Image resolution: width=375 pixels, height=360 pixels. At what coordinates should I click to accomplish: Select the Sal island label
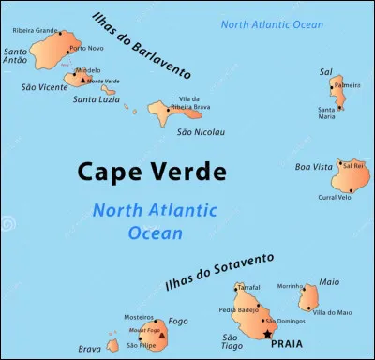(325, 71)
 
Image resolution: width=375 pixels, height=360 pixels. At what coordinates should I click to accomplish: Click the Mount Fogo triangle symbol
(161, 334)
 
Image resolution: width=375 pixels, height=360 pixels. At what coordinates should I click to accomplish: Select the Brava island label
(90, 350)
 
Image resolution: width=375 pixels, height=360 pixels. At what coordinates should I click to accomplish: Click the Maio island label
(329, 280)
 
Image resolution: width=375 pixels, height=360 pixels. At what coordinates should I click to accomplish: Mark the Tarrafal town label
(248, 287)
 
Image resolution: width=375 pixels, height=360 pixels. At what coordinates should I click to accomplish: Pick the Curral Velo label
(335, 197)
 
